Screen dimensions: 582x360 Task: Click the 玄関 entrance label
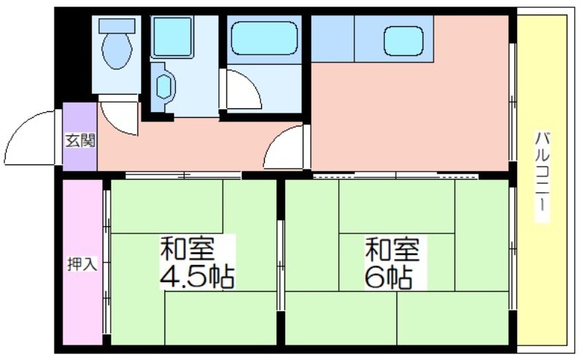tap(80, 140)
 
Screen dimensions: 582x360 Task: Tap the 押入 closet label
tap(82, 264)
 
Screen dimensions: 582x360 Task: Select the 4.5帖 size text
tap(197, 278)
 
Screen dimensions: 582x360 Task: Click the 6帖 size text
tap(389, 278)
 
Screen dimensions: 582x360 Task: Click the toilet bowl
tap(117, 51)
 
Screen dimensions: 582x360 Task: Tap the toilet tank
tap(117, 26)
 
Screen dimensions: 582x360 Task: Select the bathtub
tap(264, 39)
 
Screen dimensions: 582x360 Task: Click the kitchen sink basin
tap(404, 41)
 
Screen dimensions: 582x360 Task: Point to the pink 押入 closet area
tap(82, 262)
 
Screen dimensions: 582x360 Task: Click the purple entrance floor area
tap(80, 137)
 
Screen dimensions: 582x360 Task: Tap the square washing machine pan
tap(172, 37)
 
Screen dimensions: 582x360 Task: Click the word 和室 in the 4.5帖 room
tap(188, 249)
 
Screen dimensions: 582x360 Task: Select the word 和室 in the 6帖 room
tap(393, 249)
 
